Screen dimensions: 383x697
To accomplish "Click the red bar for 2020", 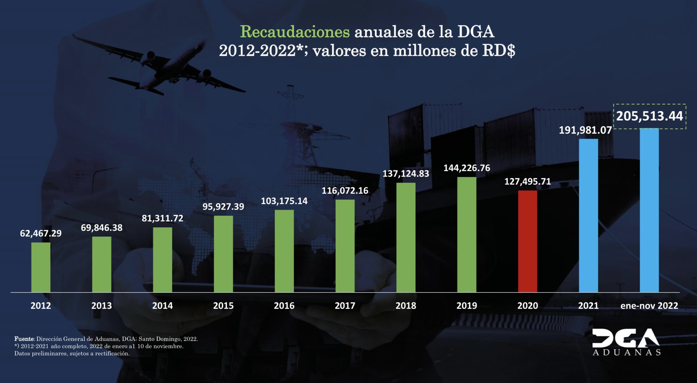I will click(528, 241).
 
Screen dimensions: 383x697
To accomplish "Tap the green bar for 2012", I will click(41, 267).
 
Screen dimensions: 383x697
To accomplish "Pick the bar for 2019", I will click(467, 234).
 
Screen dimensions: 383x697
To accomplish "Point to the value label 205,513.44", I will click(649, 116).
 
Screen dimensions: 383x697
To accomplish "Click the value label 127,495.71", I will click(528, 182).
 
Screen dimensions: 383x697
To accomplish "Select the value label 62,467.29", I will click(41, 233).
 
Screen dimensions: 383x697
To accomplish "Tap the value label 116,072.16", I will click(345, 190).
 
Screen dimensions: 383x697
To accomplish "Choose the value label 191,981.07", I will click(585, 130).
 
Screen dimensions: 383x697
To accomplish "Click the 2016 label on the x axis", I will click(284, 305).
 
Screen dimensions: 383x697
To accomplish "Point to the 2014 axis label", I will click(162, 305).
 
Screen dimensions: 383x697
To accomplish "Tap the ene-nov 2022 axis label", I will click(649, 305).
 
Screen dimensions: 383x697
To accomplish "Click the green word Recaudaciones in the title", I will click(295, 32).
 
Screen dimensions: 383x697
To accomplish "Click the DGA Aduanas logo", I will click(626, 342).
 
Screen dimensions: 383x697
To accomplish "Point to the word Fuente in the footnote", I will click(24, 339).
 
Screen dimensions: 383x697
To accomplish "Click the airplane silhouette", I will click(160, 65).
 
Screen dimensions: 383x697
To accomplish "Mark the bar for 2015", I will click(223, 254).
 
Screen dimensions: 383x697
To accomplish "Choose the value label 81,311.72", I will click(162, 218).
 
